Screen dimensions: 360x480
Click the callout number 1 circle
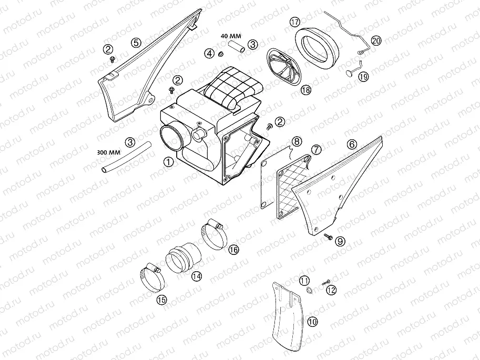pos(168,162)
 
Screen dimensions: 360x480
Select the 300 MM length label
pos(109,152)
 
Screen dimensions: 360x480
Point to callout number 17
pos(294,22)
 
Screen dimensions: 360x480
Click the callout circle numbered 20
pos(376,40)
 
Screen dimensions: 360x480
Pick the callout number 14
pos(196,275)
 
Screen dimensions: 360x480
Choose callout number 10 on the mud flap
pos(312,322)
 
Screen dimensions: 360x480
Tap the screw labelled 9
pos(327,238)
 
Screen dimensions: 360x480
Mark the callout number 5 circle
pos(136,42)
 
